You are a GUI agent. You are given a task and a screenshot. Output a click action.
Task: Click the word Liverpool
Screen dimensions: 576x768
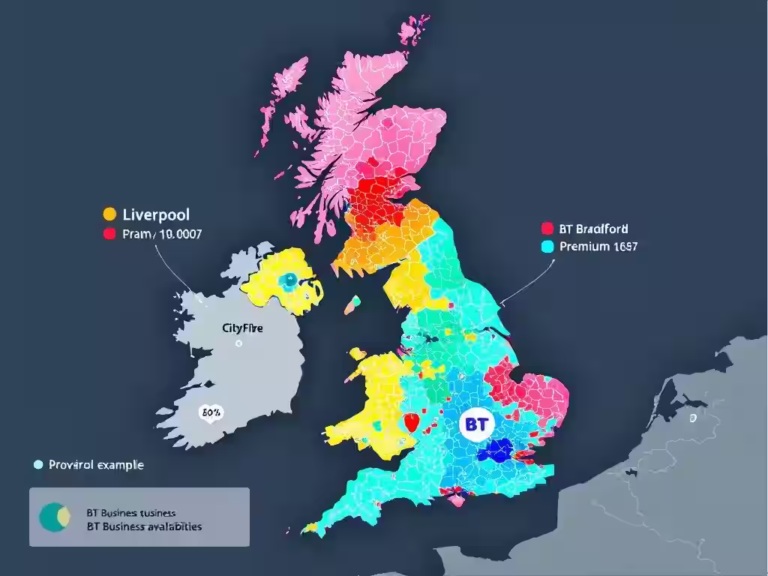pyautogui.click(x=155, y=214)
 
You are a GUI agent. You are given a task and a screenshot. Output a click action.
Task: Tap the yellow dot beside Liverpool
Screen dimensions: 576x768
pyautogui.click(x=109, y=214)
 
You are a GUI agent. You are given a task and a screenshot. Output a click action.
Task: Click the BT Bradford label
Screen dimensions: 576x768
pyautogui.click(x=594, y=228)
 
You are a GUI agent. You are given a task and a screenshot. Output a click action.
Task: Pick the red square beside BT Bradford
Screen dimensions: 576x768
pyautogui.click(x=546, y=228)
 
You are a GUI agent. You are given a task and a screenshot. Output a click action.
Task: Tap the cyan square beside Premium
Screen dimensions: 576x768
pyautogui.click(x=546, y=246)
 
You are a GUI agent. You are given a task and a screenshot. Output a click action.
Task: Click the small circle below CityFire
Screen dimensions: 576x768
pyautogui.click(x=238, y=343)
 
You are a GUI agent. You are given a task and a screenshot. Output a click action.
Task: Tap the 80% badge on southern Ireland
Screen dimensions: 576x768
pyautogui.click(x=209, y=412)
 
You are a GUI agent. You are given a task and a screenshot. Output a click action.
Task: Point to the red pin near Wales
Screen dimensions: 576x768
pyautogui.click(x=409, y=422)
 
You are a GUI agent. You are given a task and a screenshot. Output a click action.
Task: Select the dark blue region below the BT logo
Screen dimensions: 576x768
pyautogui.click(x=494, y=451)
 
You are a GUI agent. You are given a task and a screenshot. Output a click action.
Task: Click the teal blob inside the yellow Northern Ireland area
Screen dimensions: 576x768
pyautogui.click(x=287, y=280)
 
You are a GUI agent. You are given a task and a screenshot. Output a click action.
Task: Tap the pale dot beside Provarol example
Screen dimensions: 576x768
pyautogui.click(x=38, y=465)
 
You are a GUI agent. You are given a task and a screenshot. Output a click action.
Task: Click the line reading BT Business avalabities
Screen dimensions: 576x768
pyautogui.click(x=145, y=526)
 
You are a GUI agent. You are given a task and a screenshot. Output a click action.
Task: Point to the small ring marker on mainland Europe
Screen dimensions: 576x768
pyautogui.click(x=693, y=418)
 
